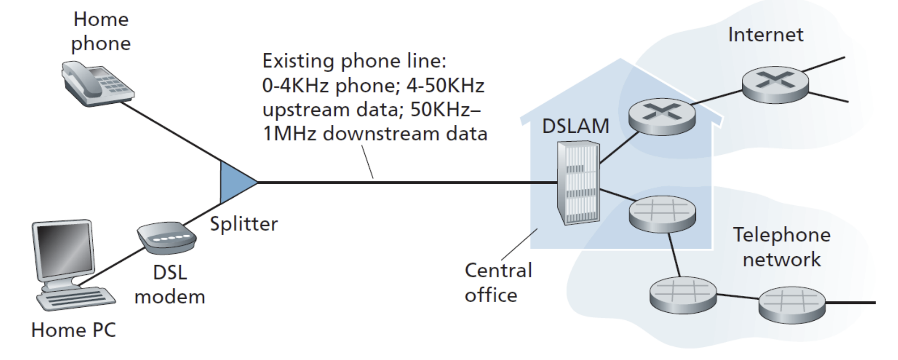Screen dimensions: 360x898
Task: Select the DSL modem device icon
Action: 167,238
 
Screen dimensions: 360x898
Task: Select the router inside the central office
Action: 661,116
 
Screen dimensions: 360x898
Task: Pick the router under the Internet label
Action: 775,85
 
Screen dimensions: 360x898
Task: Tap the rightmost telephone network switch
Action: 792,304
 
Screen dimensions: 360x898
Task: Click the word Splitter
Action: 243,224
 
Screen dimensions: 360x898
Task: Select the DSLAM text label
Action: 575,126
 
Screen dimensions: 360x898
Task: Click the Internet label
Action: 766,35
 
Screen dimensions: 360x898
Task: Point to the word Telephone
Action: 781,235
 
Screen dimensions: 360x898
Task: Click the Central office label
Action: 498,282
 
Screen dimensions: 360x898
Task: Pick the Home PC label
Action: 73,330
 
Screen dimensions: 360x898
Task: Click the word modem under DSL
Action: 170,297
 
